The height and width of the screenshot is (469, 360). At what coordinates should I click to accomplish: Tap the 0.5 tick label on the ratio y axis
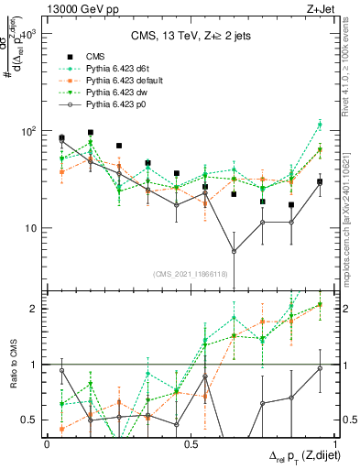coord(28,420)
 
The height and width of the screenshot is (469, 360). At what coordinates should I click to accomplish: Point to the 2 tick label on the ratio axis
coord(33,309)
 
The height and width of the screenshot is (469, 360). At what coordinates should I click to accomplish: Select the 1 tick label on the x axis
coord(335,443)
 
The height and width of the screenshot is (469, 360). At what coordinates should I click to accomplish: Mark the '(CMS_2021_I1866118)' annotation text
coord(191,274)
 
